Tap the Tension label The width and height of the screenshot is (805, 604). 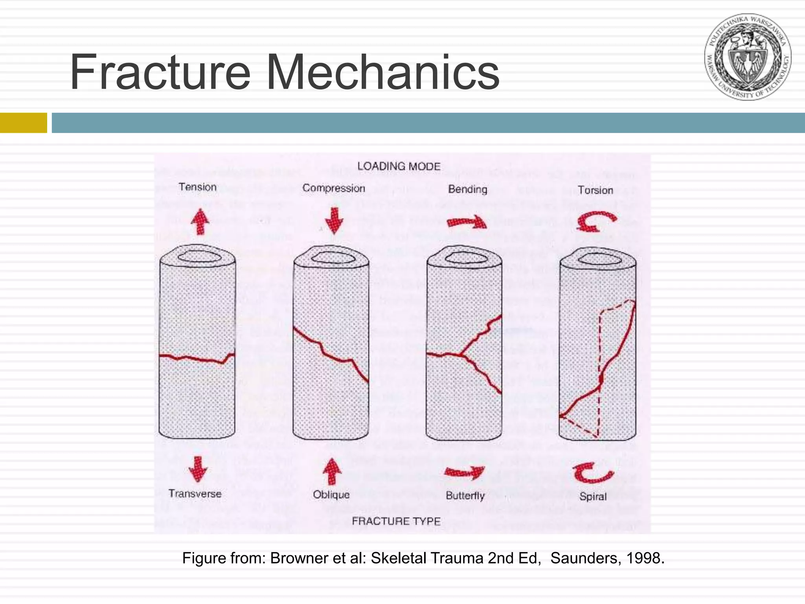pyautogui.click(x=197, y=187)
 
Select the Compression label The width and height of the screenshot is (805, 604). pyautogui.click(x=334, y=188)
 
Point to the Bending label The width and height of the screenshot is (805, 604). pyautogui.click(x=467, y=189)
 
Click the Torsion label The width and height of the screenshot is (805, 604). pyautogui.click(x=595, y=190)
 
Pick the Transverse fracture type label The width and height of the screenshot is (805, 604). pyautogui.click(x=195, y=494)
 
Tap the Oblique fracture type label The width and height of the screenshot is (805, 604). pyautogui.click(x=331, y=494)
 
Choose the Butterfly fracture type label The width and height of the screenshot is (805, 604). pyautogui.click(x=465, y=495)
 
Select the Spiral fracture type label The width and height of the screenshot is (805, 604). pyautogui.click(x=593, y=496)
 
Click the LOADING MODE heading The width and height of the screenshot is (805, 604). pyautogui.click(x=399, y=166)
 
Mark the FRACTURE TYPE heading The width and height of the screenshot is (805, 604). pyautogui.click(x=396, y=521)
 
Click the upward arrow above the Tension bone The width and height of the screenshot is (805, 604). pyautogui.click(x=200, y=221)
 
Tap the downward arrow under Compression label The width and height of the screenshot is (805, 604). pyautogui.click(x=334, y=221)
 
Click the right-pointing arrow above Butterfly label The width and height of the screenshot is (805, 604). pyautogui.click(x=464, y=472)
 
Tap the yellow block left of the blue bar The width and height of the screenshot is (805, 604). pyautogui.click(x=23, y=123)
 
